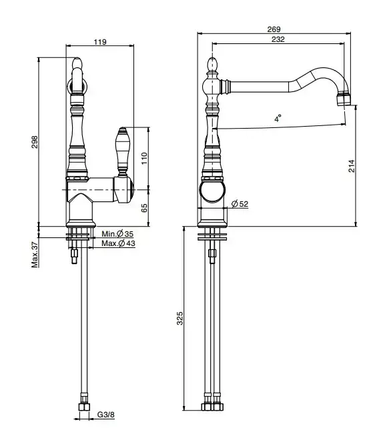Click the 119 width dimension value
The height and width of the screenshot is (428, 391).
[x=100, y=42]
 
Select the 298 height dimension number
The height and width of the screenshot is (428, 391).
[x=35, y=141]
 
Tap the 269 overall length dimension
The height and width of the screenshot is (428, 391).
[x=274, y=29]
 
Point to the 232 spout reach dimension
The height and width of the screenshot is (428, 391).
[x=278, y=39]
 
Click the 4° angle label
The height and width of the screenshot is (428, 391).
[x=278, y=119]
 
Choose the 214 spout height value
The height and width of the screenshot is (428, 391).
[x=352, y=166]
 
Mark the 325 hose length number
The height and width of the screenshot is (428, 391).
[x=179, y=318]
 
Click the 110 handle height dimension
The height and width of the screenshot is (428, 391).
[x=144, y=158]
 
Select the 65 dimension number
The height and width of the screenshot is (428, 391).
[x=144, y=208]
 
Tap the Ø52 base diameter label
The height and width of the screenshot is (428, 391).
[x=240, y=204]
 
